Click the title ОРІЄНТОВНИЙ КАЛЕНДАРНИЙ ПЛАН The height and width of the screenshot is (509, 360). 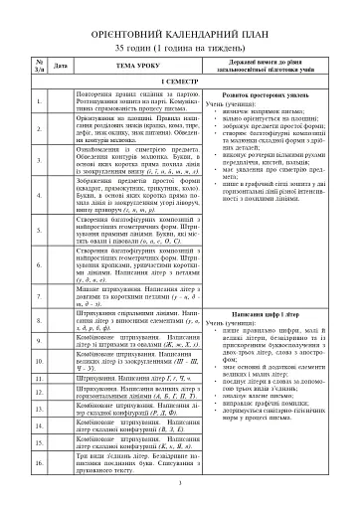click(x=179, y=29)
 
